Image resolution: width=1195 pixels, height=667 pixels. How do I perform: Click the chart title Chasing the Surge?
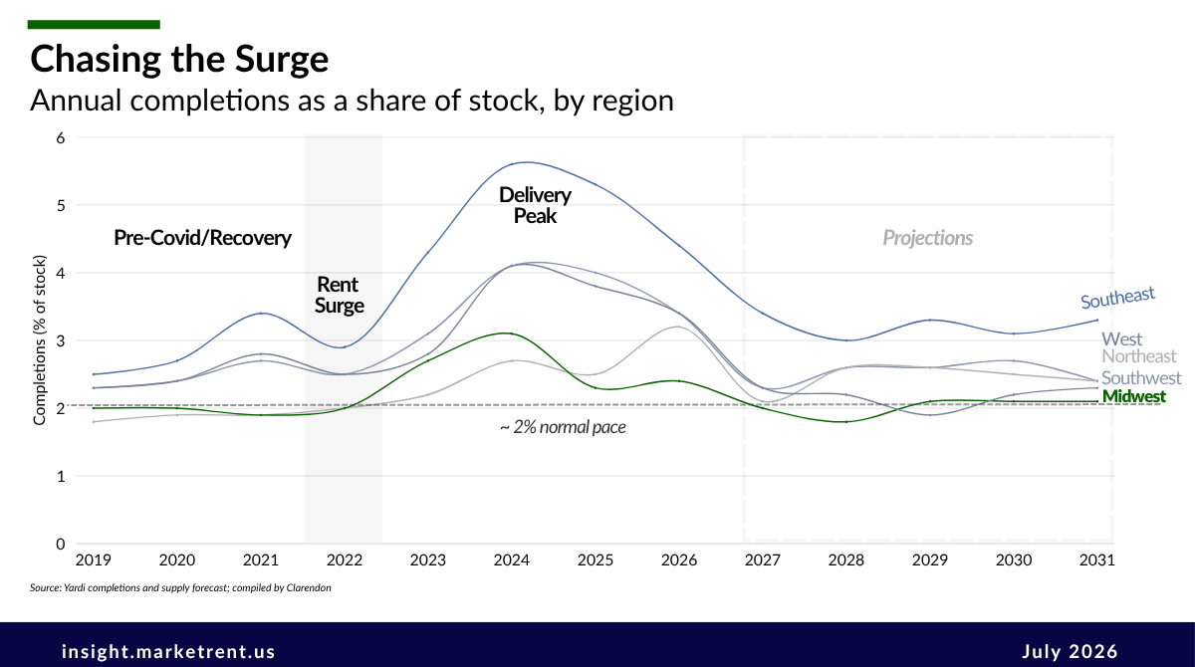click(x=179, y=59)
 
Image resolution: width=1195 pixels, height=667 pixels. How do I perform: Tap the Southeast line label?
click(x=1117, y=298)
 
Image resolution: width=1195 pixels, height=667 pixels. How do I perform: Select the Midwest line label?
click(x=1134, y=396)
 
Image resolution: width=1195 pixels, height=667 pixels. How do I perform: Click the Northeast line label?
click(x=1139, y=356)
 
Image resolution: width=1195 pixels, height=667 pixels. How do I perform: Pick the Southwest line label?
click(x=1141, y=378)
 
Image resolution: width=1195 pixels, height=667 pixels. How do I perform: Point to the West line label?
click(x=1122, y=339)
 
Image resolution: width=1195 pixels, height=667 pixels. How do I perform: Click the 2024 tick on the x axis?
click(x=511, y=559)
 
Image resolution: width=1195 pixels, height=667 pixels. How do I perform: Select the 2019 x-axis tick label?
click(x=94, y=559)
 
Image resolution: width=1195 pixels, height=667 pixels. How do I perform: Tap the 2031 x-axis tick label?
click(x=1096, y=559)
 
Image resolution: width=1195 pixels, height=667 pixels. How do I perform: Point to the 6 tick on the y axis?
click(x=61, y=138)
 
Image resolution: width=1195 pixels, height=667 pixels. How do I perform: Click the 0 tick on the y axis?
click(x=61, y=544)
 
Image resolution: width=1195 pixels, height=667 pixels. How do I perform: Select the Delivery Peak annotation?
click(x=535, y=205)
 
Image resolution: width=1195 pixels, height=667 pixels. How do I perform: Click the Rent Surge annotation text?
click(x=339, y=295)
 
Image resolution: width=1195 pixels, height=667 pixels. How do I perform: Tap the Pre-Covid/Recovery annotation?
click(x=203, y=238)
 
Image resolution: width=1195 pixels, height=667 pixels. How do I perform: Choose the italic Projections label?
click(x=928, y=238)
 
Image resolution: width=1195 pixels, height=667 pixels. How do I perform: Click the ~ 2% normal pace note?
click(x=563, y=427)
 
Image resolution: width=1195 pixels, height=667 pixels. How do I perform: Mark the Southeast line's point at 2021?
click(x=261, y=314)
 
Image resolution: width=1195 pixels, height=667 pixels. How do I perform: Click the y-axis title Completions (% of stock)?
click(x=40, y=340)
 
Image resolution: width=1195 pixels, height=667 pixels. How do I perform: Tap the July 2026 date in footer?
click(x=1070, y=651)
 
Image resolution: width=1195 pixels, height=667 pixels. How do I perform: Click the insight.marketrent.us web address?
click(x=168, y=651)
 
